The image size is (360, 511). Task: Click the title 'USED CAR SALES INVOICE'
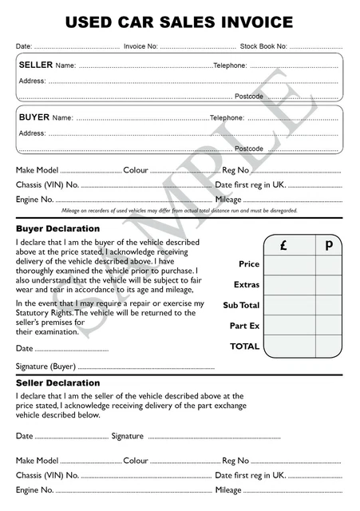tap(179, 22)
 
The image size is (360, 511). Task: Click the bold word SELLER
tap(35, 64)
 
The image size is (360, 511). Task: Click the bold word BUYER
tap(34, 117)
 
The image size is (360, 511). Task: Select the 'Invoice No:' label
tap(140, 47)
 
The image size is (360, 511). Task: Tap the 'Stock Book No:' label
tap(263, 47)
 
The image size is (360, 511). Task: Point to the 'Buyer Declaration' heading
tap(57, 228)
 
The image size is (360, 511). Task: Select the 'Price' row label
tap(249, 264)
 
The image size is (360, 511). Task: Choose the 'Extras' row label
tap(247, 285)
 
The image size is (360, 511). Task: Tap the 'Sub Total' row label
tap(241, 306)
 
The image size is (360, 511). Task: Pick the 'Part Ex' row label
tap(245, 327)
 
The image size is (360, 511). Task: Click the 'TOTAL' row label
tap(244, 347)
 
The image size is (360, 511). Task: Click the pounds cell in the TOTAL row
tap(289, 347)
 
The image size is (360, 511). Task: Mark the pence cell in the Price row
tap(328, 264)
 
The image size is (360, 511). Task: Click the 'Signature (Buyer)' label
tap(45, 366)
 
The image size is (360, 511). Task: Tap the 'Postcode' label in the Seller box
tap(248, 97)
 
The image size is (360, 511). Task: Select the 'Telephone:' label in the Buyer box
tap(228, 117)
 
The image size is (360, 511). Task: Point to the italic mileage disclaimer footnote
tap(179, 211)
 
